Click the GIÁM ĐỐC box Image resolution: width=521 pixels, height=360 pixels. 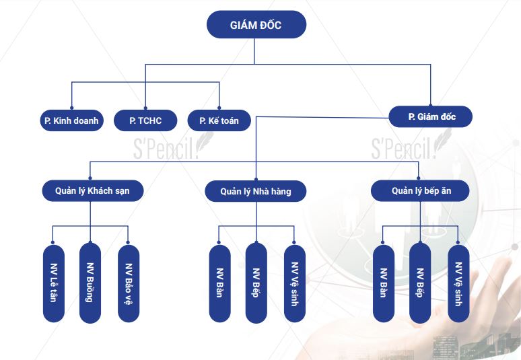(256, 25)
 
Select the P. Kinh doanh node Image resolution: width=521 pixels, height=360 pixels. (71, 121)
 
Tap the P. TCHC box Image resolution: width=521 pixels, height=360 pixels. (145, 121)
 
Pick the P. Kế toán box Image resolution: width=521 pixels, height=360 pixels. (219, 121)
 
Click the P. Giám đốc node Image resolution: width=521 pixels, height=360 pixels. (431, 117)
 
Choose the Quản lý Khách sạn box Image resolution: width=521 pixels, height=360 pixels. (92, 191)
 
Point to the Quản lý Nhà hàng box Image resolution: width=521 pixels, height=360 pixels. (256, 192)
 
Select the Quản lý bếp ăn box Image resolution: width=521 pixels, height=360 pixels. (421, 191)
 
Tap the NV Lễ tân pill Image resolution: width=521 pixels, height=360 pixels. (54, 283)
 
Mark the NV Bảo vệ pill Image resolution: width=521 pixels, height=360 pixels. (128, 283)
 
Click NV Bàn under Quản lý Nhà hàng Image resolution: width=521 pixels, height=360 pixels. (219, 283)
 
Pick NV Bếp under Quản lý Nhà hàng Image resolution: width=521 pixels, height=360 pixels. (256, 283)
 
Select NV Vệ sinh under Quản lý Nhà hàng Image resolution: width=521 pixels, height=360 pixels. (294, 283)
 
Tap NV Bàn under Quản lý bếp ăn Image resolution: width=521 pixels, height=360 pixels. (384, 283)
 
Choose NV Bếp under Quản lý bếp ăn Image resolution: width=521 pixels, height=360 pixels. (420, 283)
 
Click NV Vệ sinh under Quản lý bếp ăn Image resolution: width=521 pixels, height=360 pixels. (458, 283)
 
